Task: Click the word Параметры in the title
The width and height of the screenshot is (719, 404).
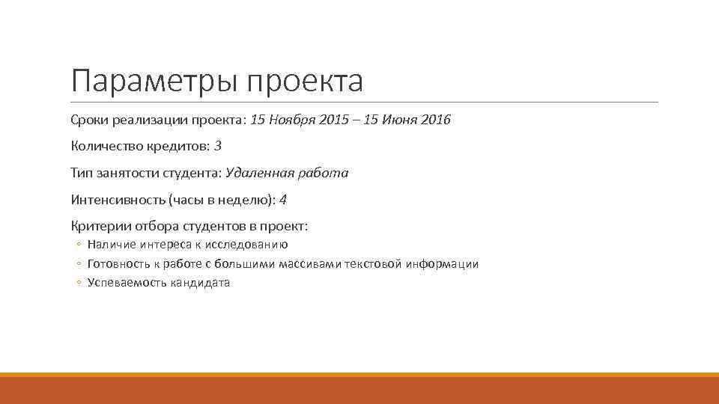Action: click(x=154, y=82)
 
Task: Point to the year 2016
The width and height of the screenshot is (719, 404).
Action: click(x=435, y=120)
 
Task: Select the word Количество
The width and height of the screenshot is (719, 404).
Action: click(x=106, y=146)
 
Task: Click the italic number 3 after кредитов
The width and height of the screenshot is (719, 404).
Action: click(x=217, y=146)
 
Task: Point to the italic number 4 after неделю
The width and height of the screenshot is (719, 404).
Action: click(x=282, y=200)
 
